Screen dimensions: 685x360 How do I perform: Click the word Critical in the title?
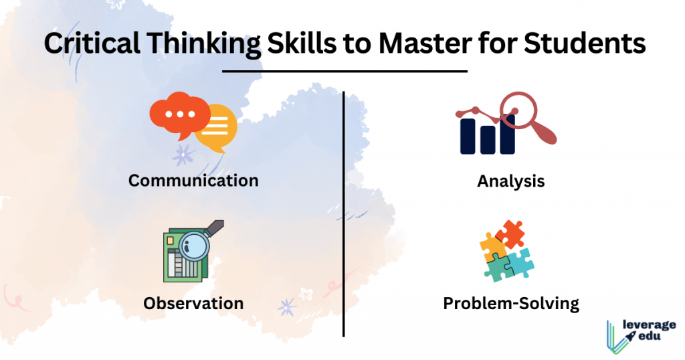click(x=92, y=43)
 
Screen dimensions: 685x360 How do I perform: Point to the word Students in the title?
click(x=585, y=43)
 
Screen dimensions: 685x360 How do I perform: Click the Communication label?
click(x=193, y=181)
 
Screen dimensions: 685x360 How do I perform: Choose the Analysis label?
click(x=510, y=181)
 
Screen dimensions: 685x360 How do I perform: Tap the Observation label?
click(x=193, y=303)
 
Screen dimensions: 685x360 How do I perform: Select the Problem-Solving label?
click(x=511, y=304)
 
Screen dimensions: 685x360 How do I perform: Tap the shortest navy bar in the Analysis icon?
click(x=488, y=140)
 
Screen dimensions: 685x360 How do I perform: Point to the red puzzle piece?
click(x=510, y=234)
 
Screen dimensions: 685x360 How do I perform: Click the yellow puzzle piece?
click(x=492, y=248)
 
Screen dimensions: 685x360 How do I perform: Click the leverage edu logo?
click(x=641, y=336)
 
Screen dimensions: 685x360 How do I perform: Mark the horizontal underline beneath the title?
click(x=345, y=71)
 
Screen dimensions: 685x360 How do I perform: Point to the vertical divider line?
click(x=344, y=214)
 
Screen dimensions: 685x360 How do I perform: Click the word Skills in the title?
click(x=302, y=43)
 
